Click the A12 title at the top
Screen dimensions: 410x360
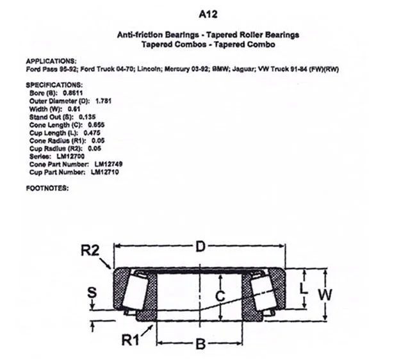(208, 14)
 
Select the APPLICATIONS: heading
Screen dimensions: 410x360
(51, 61)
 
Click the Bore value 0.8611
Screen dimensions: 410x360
(73, 93)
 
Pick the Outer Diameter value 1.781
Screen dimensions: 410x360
(104, 101)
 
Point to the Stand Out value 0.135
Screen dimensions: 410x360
(87, 117)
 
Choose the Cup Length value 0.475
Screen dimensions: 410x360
(92, 133)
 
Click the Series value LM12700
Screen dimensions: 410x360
(70, 156)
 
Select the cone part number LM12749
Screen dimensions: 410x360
(108, 165)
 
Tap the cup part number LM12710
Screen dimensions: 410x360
(105, 172)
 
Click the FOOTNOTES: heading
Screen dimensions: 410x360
(47, 188)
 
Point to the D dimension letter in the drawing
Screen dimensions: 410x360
(201, 247)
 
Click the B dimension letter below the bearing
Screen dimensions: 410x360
(201, 344)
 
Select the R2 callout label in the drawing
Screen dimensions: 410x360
(90, 250)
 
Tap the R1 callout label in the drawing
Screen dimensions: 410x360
(131, 340)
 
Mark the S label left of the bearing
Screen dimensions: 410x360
(92, 293)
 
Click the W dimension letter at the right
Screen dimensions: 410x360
(325, 295)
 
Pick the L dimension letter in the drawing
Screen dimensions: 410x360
(303, 289)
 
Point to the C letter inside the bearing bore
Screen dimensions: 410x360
(220, 296)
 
